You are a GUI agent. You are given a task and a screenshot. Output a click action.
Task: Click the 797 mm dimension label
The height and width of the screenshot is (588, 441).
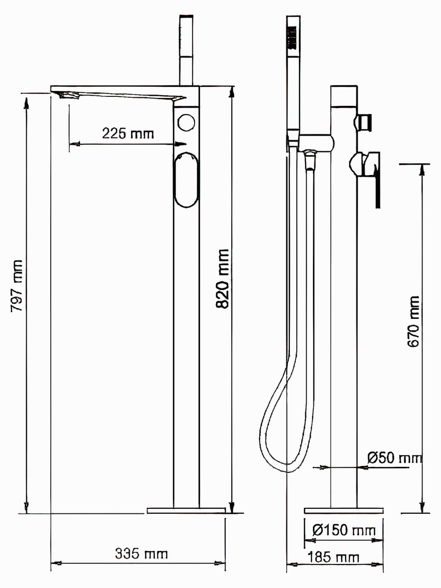(17, 285)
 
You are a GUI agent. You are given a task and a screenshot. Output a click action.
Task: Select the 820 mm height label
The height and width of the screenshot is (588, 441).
(223, 279)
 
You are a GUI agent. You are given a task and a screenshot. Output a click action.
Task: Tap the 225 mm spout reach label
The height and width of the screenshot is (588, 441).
(128, 133)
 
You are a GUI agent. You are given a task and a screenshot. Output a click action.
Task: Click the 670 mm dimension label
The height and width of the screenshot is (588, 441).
(413, 322)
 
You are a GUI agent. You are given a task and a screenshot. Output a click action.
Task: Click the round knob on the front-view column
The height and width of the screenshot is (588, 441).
(187, 123)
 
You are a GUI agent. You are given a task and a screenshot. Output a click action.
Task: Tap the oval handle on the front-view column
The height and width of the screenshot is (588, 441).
(186, 180)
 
